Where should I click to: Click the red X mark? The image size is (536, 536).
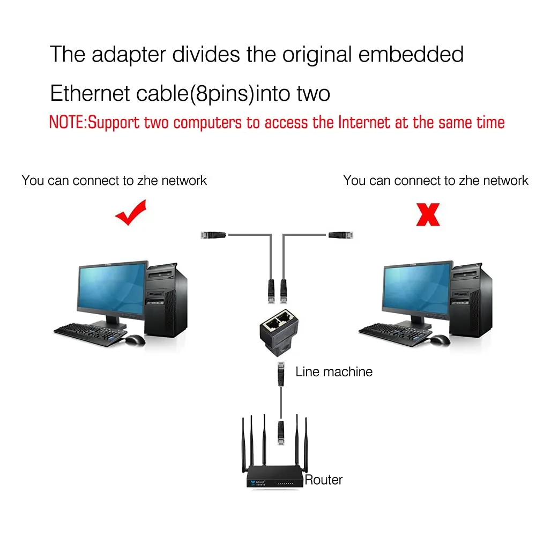(x=428, y=214)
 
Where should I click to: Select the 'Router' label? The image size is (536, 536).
(x=323, y=480)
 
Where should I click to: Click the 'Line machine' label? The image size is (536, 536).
(x=334, y=371)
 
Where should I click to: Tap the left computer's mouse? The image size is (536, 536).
(x=135, y=340)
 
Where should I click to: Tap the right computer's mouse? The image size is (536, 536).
(x=440, y=340)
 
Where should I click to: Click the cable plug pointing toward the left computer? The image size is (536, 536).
(x=213, y=234)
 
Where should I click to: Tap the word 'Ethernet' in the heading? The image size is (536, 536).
(x=90, y=93)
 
